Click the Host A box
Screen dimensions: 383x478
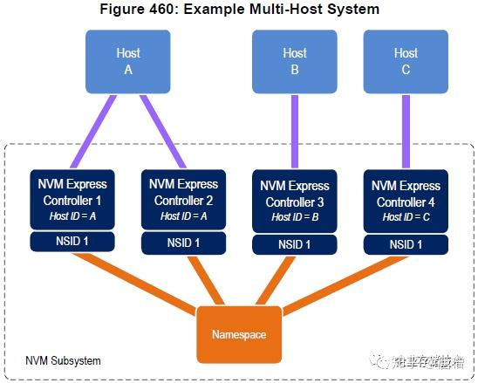(x=127, y=62)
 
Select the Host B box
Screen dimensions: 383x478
(x=295, y=62)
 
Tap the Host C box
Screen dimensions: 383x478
(x=406, y=62)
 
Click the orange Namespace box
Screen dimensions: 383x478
(x=239, y=333)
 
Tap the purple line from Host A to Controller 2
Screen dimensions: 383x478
(x=158, y=131)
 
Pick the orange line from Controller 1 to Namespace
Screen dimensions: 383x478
(x=140, y=284)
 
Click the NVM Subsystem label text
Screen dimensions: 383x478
(x=64, y=360)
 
